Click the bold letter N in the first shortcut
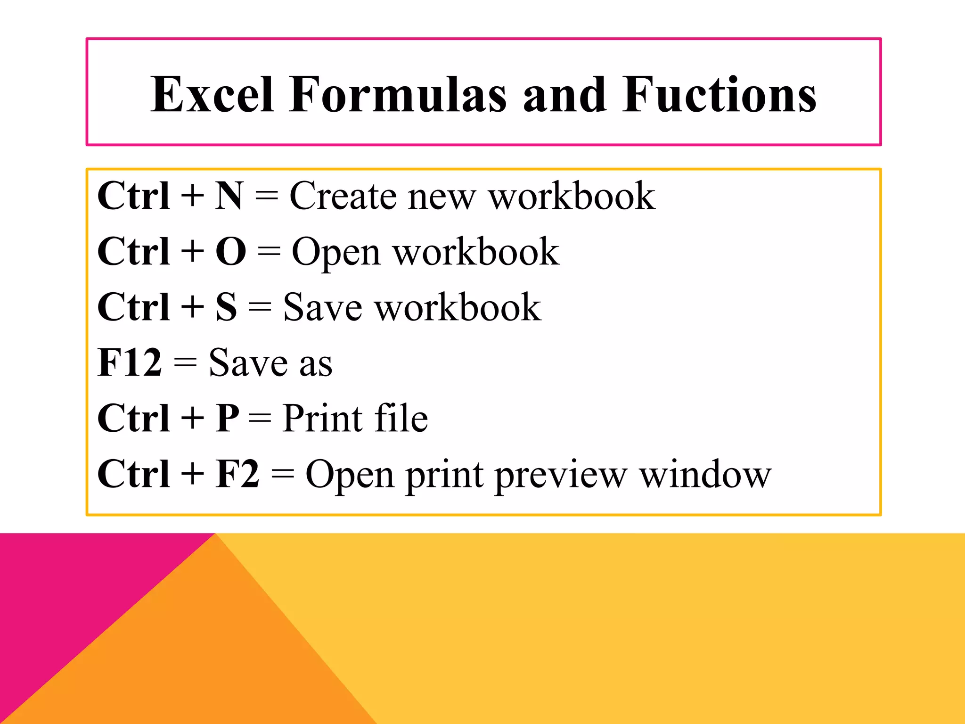pyautogui.click(x=229, y=196)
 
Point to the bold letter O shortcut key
pyautogui.click(x=231, y=251)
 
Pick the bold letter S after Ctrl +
pyautogui.click(x=226, y=307)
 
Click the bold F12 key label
pyautogui.click(x=130, y=362)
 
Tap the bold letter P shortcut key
pyautogui.click(x=227, y=418)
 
